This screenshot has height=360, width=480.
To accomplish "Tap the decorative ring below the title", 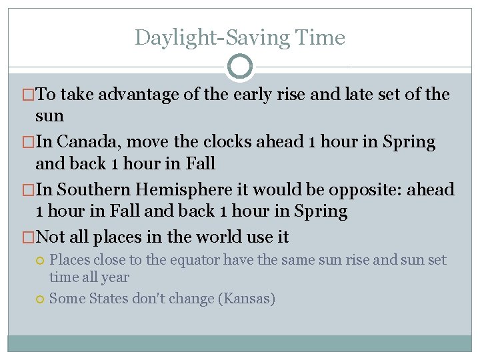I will [x=240, y=67].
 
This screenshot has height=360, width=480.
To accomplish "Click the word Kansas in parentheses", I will [x=246, y=298].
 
